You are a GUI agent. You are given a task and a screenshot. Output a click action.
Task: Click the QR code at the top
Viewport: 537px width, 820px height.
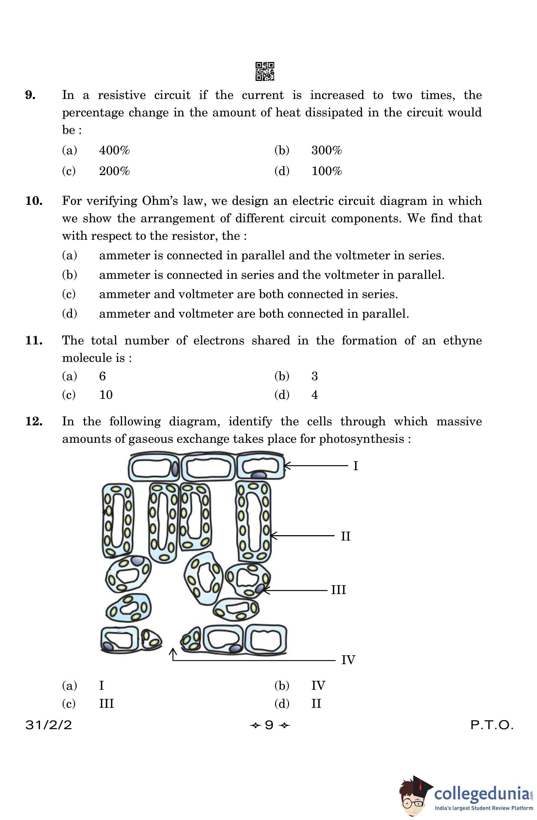(265, 71)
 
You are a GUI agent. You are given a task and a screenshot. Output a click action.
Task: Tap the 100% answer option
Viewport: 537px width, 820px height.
(327, 171)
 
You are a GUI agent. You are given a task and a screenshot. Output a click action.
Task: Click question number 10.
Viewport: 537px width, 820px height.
(34, 201)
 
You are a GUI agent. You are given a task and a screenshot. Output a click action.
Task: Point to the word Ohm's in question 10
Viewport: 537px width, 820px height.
(159, 201)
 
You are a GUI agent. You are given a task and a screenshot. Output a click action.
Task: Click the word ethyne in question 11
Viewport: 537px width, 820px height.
(462, 341)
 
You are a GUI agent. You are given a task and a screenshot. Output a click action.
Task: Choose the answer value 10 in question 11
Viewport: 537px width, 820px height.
(106, 395)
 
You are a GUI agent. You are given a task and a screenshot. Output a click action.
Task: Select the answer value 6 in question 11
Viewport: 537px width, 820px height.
(102, 376)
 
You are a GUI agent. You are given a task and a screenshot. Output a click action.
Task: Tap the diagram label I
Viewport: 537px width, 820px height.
(355, 466)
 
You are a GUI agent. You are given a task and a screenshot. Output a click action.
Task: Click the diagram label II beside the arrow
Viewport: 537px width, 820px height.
(345, 536)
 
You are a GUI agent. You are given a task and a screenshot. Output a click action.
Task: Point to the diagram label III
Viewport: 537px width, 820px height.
(338, 590)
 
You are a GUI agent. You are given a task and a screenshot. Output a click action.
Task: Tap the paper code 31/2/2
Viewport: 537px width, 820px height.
(49, 725)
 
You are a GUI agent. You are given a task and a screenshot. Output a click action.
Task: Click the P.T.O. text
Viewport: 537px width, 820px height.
(492, 725)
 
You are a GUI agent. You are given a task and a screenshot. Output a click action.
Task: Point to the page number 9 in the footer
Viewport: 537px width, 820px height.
(269, 725)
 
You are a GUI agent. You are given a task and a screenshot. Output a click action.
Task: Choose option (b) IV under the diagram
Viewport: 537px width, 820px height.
(318, 686)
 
